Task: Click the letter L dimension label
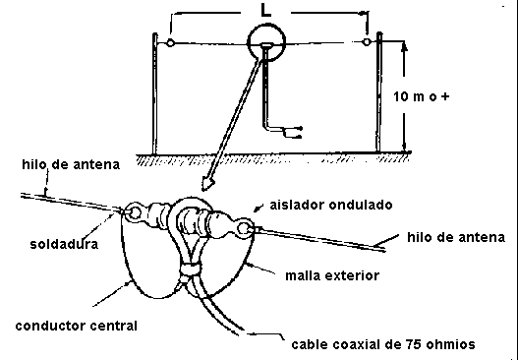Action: pos(265,11)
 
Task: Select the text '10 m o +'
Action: pos(422,96)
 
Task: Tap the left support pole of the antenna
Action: pos(154,93)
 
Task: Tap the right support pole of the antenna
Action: pos(379,92)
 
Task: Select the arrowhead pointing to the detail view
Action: pos(207,185)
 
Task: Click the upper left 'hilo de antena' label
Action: pos(71,164)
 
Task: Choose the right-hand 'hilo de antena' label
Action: pos(456,237)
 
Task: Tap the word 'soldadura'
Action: pos(64,244)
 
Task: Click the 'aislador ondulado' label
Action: pos(331,205)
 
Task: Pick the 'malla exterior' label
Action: pos(332,275)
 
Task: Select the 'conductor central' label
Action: pos(77,326)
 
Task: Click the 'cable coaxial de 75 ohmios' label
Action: pos(383,344)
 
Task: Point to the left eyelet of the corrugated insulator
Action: pos(135,212)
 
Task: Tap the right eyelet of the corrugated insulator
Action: pos(244,228)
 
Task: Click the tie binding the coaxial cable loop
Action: pos(190,268)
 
